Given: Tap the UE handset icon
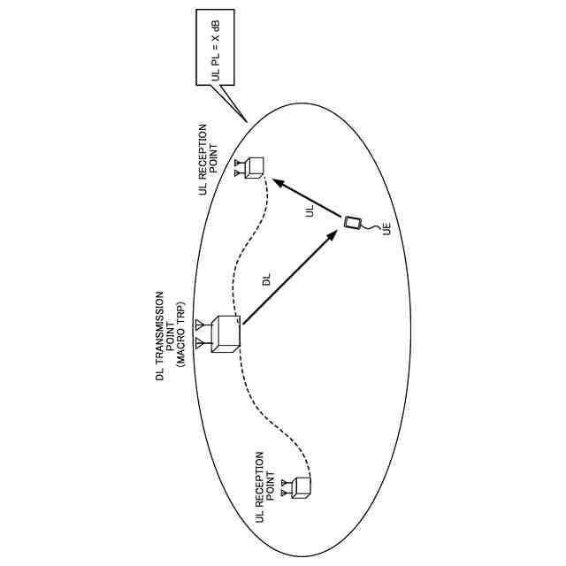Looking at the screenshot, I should pyautogui.click(x=354, y=222).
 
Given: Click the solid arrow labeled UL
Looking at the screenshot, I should pyautogui.click(x=308, y=198).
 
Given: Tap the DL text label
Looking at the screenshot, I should pyautogui.click(x=266, y=280).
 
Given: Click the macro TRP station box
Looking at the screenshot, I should pyautogui.click(x=225, y=333).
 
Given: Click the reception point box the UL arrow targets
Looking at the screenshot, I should pyautogui.click(x=255, y=166).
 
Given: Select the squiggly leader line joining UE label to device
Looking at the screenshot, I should pyautogui.click(x=375, y=227).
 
